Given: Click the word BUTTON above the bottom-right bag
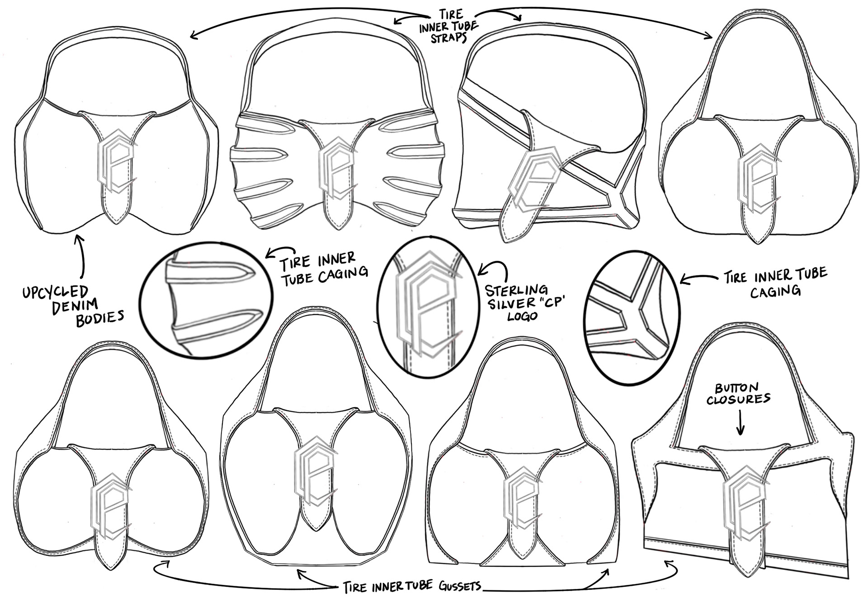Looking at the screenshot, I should click(x=736, y=388).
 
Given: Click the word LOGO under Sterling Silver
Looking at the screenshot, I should click(x=522, y=315).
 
